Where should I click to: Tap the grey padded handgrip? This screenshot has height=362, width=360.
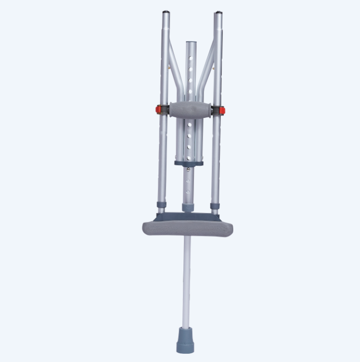(190, 110)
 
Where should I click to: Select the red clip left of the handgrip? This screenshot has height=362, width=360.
(158, 110)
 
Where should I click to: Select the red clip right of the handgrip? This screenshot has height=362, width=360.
(222, 110)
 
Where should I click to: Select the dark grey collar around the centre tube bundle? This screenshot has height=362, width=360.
(189, 163)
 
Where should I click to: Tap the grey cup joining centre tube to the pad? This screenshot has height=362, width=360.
(188, 207)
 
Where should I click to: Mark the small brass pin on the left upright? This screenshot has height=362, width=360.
(169, 67)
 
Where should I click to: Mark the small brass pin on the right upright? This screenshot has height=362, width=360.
(212, 67)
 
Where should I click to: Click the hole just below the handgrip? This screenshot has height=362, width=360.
(190, 125)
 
